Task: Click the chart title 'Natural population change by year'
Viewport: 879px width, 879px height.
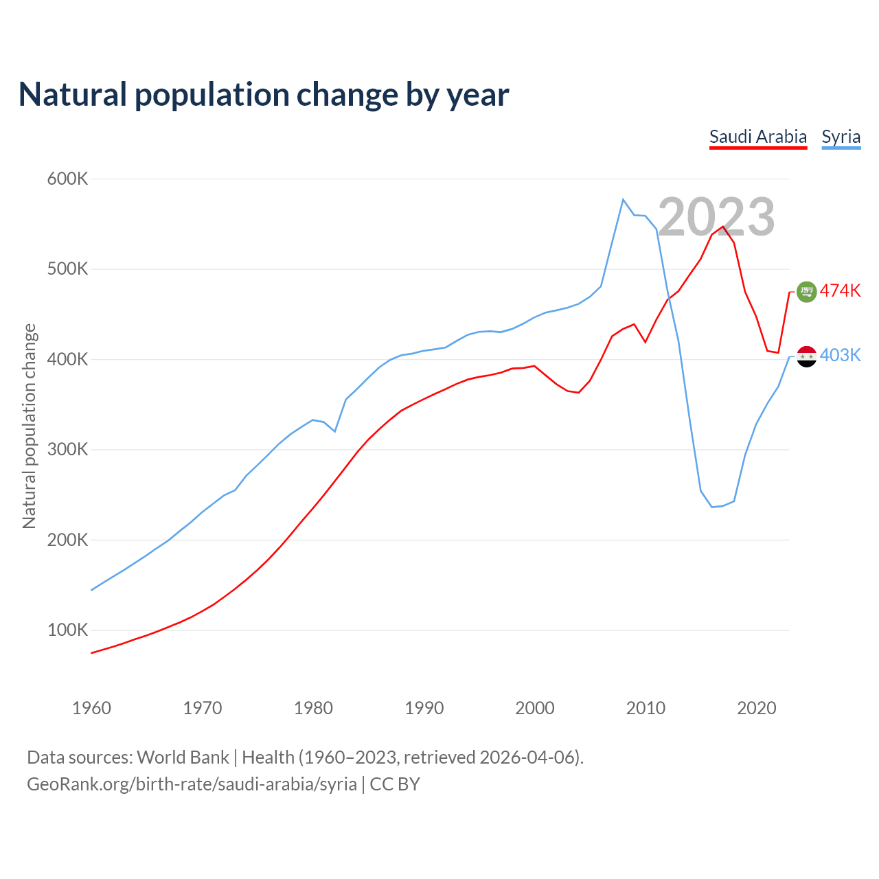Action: [x=264, y=95]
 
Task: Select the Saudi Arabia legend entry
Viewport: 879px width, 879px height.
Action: [x=757, y=137]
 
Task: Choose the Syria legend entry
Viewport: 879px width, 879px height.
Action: [x=841, y=137]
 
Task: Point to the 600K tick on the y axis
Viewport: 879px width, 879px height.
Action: [x=68, y=179]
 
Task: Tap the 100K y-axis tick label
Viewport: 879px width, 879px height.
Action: [x=68, y=630]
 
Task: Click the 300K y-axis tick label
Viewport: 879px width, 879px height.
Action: [x=68, y=450]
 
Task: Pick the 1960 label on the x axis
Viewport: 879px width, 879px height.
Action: [x=91, y=708]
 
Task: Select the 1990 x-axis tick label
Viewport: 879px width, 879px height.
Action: [x=424, y=708]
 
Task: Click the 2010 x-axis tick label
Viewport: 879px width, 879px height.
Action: [x=646, y=708]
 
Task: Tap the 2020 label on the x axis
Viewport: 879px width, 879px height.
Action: [x=756, y=708]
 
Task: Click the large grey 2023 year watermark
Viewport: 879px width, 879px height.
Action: [x=716, y=217]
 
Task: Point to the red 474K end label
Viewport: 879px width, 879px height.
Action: [x=840, y=291]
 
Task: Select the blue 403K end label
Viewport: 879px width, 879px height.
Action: [x=840, y=356]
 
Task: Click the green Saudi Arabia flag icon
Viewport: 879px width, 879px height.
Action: [x=806, y=292]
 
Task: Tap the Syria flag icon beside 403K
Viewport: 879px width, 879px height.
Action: [x=806, y=356]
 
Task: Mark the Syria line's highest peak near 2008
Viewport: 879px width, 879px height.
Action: [x=623, y=199]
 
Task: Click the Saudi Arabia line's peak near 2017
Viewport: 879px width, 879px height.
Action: [x=723, y=227]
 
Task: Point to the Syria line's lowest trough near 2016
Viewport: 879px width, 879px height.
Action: [x=712, y=507]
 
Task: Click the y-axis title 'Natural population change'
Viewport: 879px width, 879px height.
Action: [x=30, y=426]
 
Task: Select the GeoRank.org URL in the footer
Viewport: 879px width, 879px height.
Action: [x=192, y=784]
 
